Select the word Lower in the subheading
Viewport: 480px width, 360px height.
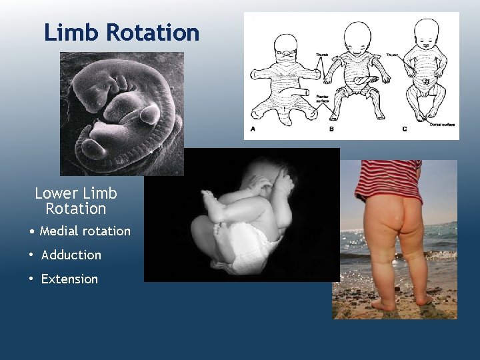coord(57,193)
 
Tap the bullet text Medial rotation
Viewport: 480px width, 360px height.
coord(85,231)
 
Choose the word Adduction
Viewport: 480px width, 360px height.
coord(71,255)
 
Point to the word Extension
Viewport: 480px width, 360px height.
coord(69,279)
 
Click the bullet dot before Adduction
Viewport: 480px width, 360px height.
coord(31,255)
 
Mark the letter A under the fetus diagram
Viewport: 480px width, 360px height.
coord(251,129)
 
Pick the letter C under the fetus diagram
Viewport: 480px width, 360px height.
coord(404,129)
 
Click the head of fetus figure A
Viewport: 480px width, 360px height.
coord(285,46)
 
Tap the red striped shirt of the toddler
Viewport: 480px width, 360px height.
coord(387,179)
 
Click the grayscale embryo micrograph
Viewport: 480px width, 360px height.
coord(121,113)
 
